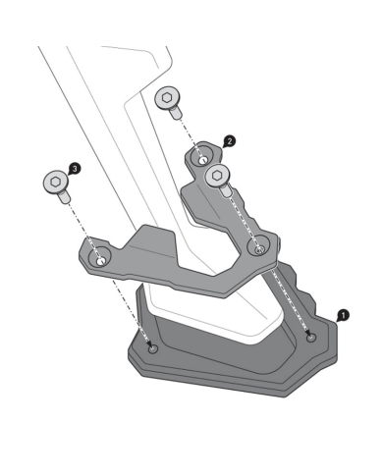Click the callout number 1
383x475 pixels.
click(x=342, y=315)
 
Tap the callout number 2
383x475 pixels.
click(x=229, y=141)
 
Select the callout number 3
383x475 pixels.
click(x=76, y=170)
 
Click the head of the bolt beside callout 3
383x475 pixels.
click(x=56, y=183)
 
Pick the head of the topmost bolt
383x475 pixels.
click(x=169, y=98)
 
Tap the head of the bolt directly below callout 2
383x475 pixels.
click(x=219, y=176)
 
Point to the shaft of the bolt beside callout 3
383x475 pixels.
click(x=66, y=198)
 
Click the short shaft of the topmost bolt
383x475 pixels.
click(x=178, y=114)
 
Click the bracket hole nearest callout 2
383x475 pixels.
click(x=203, y=158)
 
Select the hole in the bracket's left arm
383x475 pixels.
click(x=99, y=259)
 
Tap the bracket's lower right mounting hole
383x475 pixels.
click(x=259, y=249)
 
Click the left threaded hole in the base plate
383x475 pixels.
click(x=150, y=348)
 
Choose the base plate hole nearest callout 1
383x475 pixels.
click(x=311, y=337)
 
